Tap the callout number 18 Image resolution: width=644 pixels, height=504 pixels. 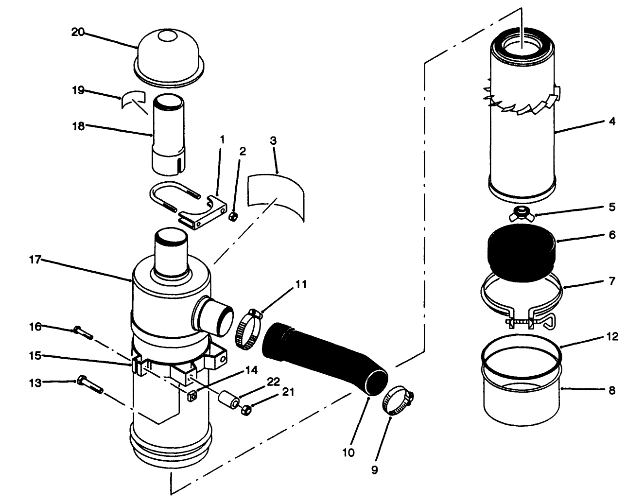pos(78,126)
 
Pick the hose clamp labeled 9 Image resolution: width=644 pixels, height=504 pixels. pos(399,400)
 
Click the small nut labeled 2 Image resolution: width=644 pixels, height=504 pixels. pos(233,216)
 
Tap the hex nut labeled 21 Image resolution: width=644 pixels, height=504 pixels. pos(245,410)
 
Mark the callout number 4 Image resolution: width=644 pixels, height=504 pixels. pos(612,122)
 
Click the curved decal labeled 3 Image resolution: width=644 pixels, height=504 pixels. pos(276,194)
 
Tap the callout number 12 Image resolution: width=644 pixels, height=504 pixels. pos(612,336)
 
